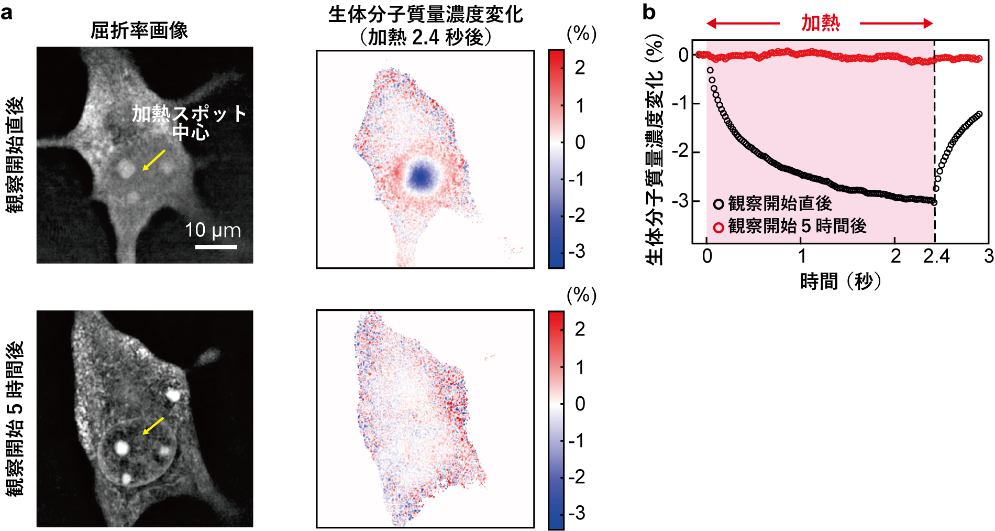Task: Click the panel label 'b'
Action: tap(649, 12)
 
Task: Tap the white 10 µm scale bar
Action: tap(216, 246)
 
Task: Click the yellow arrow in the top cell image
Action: tap(154, 160)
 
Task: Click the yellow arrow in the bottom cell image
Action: tap(153, 426)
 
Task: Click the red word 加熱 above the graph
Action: tap(820, 23)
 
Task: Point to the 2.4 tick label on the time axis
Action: tap(936, 256)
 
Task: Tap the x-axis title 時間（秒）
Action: tap(841, 281)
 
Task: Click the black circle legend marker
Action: tap(718, 204)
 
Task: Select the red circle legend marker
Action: tap(718, 227)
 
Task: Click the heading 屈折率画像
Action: tap(139, 30)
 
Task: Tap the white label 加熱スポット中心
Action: tap(189, 122)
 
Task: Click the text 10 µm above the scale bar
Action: tap(213, 230)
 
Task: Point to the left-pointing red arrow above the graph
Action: tap(743, 23)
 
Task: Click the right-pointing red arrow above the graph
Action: tap(897, 23)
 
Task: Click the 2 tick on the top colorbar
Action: tap(579, 68)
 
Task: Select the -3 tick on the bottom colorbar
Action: tap(577, 513)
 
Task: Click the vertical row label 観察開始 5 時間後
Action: tap(15, 418)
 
